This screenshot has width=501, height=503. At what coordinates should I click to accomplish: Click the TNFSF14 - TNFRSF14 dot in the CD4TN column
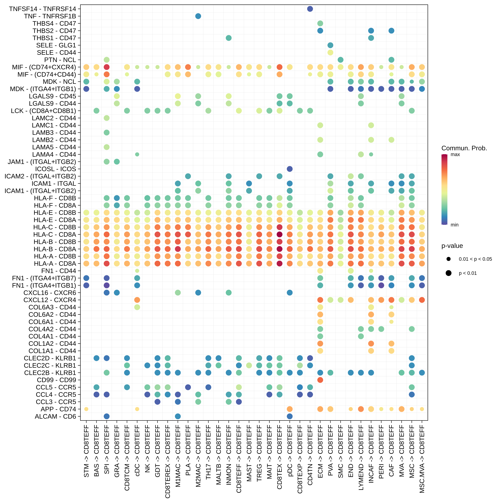(310, 9)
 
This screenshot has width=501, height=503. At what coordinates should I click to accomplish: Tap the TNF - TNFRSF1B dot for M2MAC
(198, 16)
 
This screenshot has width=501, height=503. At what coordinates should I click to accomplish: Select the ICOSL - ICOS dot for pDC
(290, 169)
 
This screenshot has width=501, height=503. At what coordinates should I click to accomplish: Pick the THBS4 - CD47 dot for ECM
(320, 23)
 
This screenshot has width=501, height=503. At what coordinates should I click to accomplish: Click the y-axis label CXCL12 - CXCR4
(50, 300)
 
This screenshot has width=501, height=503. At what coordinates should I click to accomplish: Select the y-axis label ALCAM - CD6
(55, 417)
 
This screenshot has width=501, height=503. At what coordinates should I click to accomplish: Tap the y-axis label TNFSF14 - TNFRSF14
(43, 9)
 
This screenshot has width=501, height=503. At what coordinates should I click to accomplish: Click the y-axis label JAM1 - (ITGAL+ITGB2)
(42, 162)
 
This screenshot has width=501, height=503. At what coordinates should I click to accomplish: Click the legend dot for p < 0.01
(449, 273)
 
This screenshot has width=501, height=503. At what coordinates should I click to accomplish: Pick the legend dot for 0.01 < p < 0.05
(449, 259)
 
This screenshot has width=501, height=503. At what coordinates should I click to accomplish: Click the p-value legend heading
(452, 246)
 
